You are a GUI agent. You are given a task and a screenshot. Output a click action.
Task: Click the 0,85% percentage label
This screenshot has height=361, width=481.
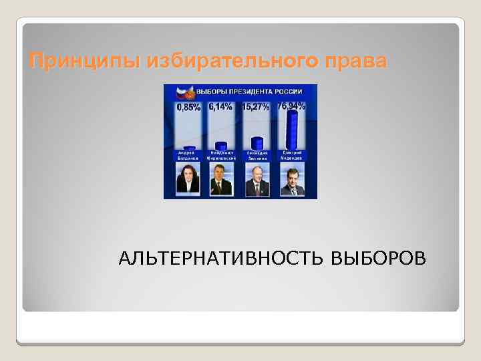(188, 107)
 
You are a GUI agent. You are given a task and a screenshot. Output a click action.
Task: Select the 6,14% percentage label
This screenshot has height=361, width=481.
(220, 106)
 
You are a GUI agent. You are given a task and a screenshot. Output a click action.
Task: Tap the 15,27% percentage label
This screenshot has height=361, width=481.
(255, 107)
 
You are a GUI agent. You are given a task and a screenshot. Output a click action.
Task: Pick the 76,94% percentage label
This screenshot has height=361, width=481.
(291, 106)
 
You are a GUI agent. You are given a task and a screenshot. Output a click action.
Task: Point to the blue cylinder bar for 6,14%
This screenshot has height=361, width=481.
(221, 146)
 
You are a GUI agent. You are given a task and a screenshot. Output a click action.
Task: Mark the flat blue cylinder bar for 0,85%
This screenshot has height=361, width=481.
(188, 148)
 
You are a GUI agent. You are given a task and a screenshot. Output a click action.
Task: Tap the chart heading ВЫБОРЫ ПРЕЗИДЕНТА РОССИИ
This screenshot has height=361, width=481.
(248, 92)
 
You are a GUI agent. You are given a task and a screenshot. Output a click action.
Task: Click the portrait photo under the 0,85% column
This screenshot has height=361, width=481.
(187, 180)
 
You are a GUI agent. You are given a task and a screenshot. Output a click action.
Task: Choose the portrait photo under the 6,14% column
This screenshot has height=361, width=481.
(221, 180)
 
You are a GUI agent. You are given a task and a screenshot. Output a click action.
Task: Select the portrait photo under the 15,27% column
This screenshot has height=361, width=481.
(257, 180)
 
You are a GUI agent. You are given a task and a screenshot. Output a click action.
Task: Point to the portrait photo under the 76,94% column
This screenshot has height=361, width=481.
(292, 180)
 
